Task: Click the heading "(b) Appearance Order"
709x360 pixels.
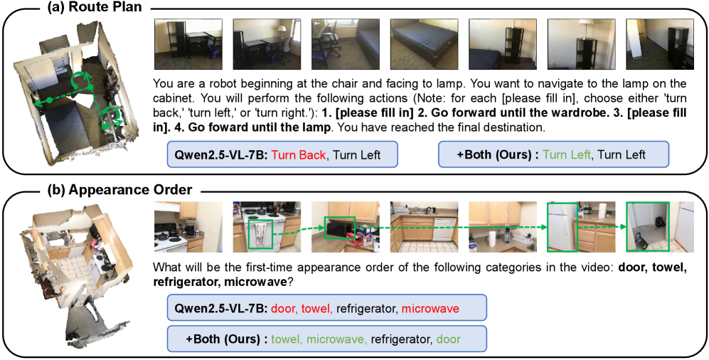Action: (x=119, y=189)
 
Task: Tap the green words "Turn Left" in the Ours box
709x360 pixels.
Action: (x=567, y=154)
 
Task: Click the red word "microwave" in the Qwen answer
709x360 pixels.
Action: (x=430, y=309)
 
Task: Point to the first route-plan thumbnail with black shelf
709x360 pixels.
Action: (x=188, y=44)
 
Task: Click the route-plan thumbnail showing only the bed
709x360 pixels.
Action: (x=424, y=44)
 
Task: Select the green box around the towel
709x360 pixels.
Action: (x=260, y=234)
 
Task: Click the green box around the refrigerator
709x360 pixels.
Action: (x=563, y=226)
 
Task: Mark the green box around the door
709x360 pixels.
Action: (x=648, y=226)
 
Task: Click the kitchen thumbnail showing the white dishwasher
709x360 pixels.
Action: (x=424, y=226)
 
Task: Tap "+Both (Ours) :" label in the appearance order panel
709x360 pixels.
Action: (x=226, y=338)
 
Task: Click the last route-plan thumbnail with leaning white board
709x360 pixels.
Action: (x=660, y=44)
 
